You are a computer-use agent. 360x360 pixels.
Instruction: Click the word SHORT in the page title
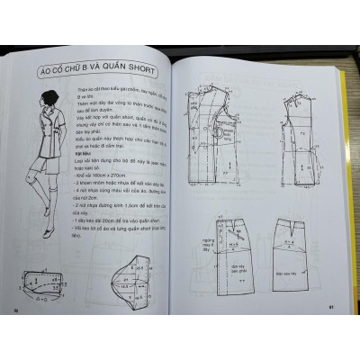pyautogui.click(x=138, y=70)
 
